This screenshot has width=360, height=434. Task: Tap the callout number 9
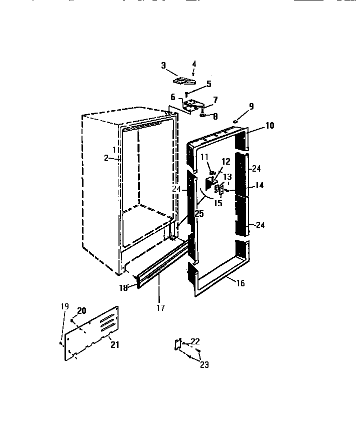click(x=251, y=106)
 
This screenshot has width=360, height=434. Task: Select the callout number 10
click(x=269, y=126)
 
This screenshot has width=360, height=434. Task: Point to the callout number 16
click(x=240, y=283)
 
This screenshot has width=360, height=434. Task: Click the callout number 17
click(x=160, y=308)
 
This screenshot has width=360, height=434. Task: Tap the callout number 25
click(x=199, y=214)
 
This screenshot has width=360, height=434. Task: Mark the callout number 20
click(x=81, y=311)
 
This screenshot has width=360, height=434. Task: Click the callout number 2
click(x=106, y=158)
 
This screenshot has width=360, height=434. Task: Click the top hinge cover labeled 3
click(x=184, y=80)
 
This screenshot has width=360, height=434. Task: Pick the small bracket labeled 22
click(x=176, y=344)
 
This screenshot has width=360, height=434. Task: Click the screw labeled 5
click(x=186, y=94)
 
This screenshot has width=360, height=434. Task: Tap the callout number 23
click(x=204, y=365)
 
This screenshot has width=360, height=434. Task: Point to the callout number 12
click(x=225, y=161)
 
